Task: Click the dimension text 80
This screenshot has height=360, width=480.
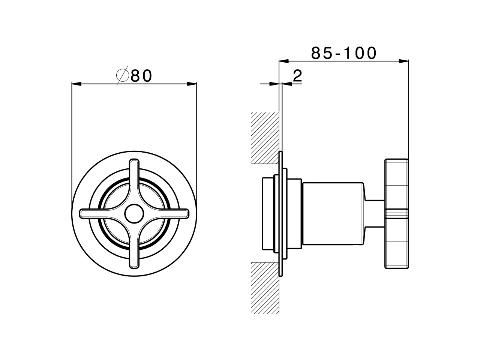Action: point(142,76)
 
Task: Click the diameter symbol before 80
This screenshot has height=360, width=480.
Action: point(123,76)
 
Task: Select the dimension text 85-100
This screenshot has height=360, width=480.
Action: point(343,53)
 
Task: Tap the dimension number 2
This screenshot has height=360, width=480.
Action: point(297,76)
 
